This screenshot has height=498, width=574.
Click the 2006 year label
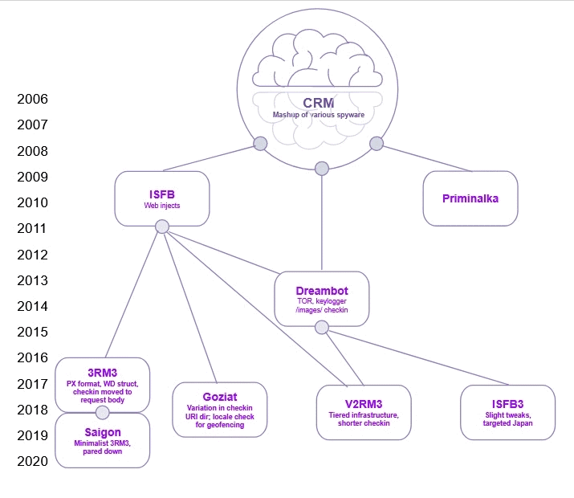33,99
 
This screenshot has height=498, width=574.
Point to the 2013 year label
33,280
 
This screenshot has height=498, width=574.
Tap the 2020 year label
33,461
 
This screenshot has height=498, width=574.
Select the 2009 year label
33,177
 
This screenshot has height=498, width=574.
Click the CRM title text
319,103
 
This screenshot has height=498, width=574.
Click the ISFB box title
162,194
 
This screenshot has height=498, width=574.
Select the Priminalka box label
470,198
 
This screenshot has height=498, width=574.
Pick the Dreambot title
322,291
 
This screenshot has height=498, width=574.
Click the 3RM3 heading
103,373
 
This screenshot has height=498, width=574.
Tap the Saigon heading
103,432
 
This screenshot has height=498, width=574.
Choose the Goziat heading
220,397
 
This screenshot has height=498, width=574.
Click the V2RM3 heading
364,404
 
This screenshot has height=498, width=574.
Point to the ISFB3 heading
507,404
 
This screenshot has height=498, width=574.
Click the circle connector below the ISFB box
162,227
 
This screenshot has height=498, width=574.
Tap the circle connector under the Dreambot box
322,328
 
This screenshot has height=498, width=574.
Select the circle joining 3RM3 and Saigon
103,413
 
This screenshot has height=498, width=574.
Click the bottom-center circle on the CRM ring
322,169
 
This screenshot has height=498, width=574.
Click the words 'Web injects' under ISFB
162,206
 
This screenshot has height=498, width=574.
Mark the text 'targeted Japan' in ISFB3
507,423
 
